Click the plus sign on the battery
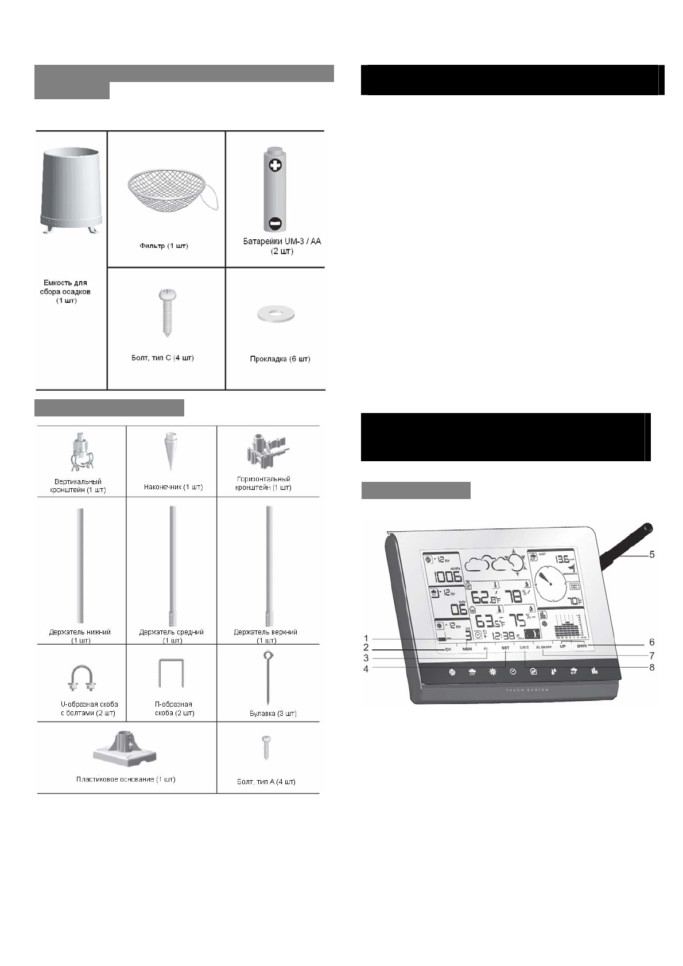point(275,166)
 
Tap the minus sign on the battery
point(275,223)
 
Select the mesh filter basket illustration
point(166,193)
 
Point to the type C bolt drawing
point(166,313)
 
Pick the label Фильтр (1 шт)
point(164,246)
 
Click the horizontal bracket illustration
point(265,452)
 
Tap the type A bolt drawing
point(266,747)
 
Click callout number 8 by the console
point(651,667)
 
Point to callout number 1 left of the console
point(366,638)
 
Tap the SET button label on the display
point(505,648)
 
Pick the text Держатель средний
point(172,632)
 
